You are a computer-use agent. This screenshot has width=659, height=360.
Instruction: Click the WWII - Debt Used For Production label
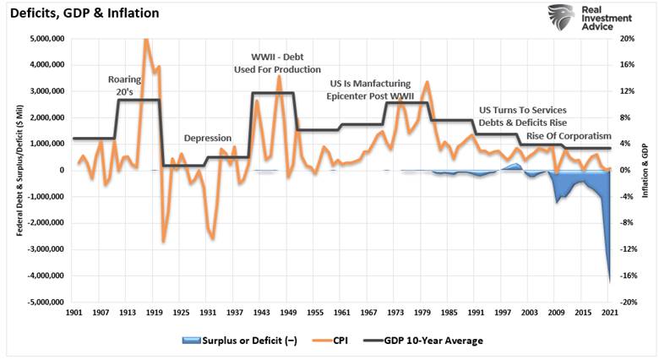point(277,63)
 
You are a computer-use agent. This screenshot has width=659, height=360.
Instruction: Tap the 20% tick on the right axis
point(626,39)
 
